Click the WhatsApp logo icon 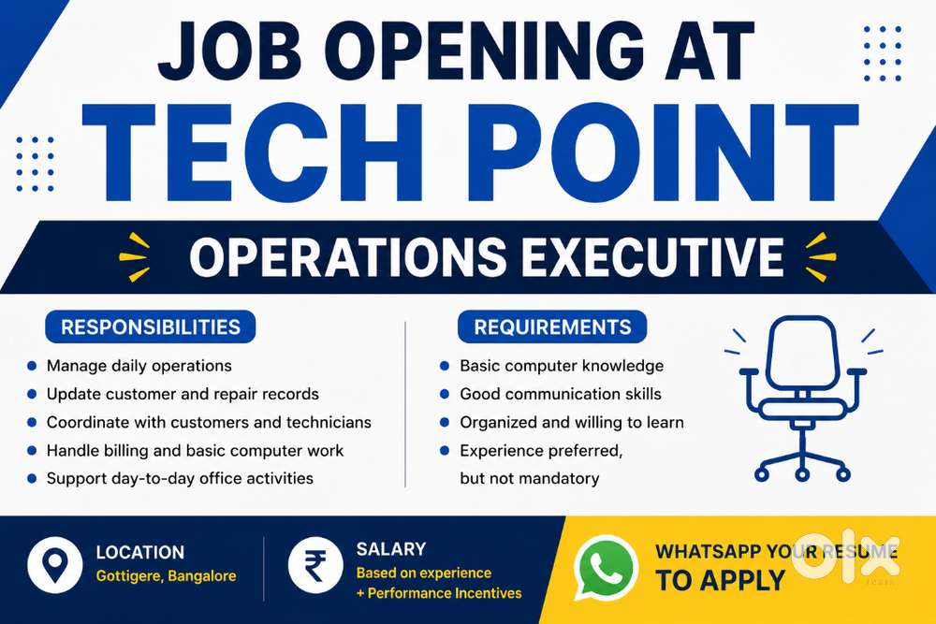[606, 567]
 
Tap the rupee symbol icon [315, 565]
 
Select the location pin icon [55, 565]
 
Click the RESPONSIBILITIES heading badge [151, 327]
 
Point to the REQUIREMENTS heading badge [552, 327]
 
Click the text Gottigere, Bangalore [166, 576]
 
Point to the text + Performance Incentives [439, 593]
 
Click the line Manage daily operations [139, 366]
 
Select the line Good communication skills [561, 394]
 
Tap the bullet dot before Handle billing [32, 450]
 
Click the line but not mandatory [530, 478]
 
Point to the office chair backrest [802, 352]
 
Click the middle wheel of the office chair [802, 475]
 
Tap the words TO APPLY [720, 580]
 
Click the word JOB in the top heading [230, 51]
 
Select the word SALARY [391, 549]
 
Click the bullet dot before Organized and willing [445, 422]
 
